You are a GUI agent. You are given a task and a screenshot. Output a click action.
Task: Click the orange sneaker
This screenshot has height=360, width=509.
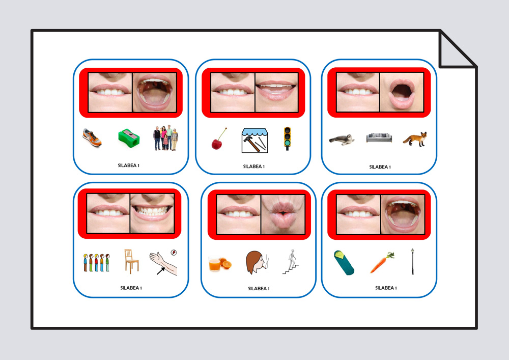coord(92,137)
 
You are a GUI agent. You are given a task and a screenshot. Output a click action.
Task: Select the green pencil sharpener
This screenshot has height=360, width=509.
coord(129,139)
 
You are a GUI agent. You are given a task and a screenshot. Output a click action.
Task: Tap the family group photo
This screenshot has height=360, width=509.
coord(165,137)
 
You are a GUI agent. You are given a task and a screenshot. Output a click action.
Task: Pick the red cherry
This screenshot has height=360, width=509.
coord(218,139)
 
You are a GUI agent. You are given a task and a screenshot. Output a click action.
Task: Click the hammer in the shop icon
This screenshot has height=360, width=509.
coord(251,144)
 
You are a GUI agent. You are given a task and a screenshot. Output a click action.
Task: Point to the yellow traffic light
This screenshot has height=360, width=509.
coord(287,139)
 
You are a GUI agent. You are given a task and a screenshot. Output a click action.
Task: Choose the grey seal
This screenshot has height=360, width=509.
coord(341,140)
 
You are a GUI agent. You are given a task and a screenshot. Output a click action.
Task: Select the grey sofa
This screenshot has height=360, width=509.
coord(379,137)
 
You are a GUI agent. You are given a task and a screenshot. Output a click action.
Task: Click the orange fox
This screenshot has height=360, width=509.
coord(415,139)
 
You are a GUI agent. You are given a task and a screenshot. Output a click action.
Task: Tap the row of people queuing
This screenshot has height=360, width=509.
coord(96,263)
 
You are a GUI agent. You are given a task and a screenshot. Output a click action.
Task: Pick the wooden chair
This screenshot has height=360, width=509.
coord(131,261)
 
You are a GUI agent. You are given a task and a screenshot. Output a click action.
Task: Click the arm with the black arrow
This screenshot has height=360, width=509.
coord(163,263)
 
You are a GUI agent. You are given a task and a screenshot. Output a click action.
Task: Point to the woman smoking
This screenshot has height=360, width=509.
coord(257,262)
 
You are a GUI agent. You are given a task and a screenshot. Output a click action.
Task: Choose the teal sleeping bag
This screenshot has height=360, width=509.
coord(344,263)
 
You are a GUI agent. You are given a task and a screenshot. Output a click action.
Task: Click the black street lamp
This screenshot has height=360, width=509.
coord(413,262)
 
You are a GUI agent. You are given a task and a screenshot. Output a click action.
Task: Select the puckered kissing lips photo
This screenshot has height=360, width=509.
coord(283,214)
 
